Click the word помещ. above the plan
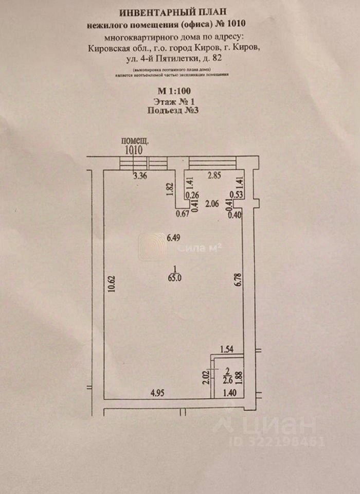click(135, 140)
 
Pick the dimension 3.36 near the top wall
click(140, 176)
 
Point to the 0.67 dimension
click(182, 214)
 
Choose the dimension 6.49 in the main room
click(173, 238)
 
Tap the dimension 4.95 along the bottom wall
click(157, 394)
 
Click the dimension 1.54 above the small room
click(227, 350)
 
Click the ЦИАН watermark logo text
click(289, 426)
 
